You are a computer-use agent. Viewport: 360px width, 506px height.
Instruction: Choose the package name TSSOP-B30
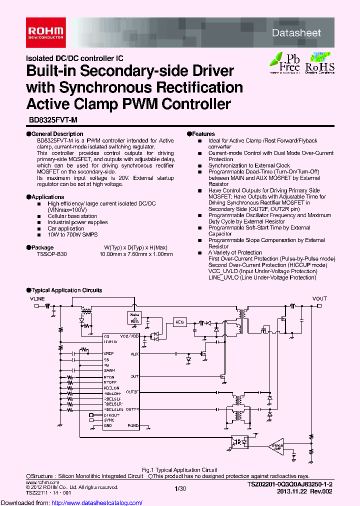coord(51,254)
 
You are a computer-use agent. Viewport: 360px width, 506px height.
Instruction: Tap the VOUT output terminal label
coord(319,298)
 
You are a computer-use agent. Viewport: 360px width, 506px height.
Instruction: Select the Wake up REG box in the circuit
coord(134,318)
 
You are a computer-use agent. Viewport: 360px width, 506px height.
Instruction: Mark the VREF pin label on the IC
coord(109,353)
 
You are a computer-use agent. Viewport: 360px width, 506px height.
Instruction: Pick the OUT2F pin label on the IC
coord(132,392)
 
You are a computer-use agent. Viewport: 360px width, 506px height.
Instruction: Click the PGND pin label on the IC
coord(133,426)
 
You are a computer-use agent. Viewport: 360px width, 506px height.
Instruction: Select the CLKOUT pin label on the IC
coord(111,415)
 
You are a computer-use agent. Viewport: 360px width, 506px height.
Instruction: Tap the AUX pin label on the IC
coord(134,353)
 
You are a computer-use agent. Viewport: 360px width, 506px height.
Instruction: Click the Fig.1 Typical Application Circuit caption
coord(179,469)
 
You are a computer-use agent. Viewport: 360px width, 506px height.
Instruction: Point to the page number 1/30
coord(179,487)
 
